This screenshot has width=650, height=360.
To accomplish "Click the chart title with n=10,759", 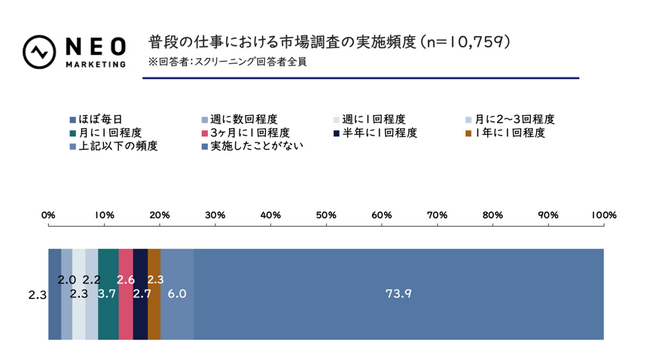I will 329,42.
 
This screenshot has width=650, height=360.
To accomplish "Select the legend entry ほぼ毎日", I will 99,119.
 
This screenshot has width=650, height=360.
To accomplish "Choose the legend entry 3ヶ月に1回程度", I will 244,132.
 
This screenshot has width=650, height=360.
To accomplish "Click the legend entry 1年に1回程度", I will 509,132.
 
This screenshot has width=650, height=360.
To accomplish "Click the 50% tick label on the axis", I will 325,215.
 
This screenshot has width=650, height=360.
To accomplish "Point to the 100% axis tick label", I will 603,215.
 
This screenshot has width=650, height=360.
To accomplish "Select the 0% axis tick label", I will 48,215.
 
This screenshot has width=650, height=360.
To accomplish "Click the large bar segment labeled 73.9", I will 399,294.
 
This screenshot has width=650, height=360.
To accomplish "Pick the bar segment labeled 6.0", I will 177,294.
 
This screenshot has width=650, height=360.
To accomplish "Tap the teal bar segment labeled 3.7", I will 108,294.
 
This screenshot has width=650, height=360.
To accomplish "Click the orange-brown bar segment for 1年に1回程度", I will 154,294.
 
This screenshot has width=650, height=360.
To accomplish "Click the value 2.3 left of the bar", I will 37,295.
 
